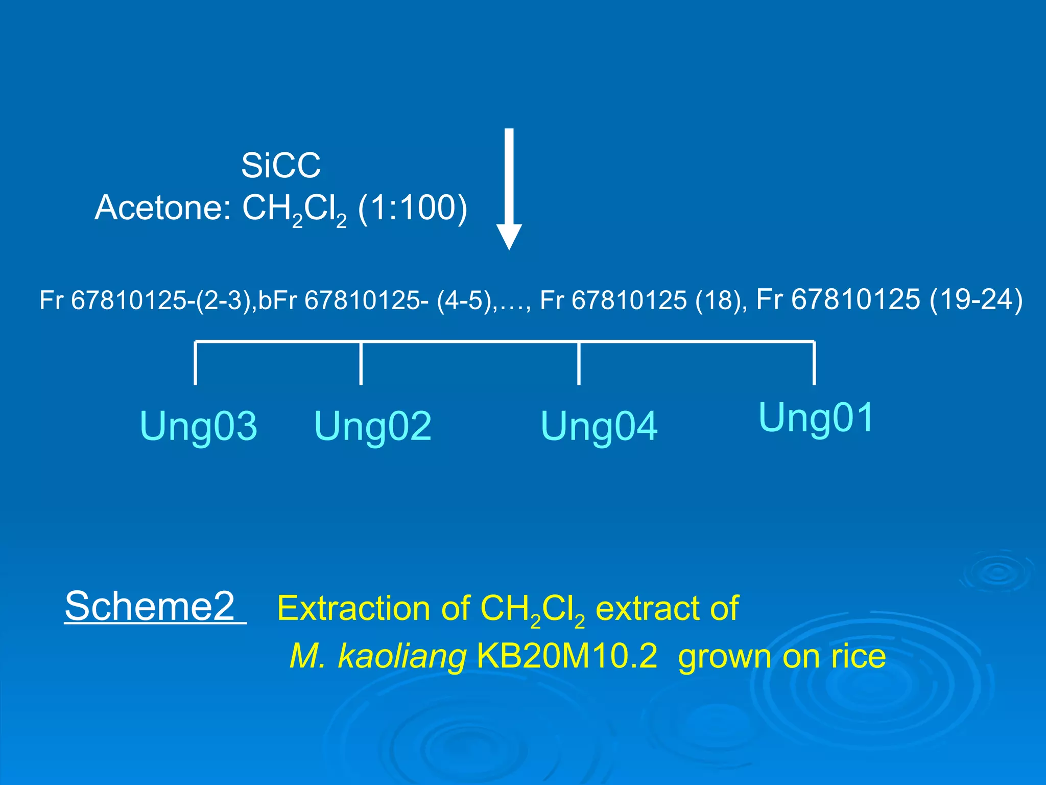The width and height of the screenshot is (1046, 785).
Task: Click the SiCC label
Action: point(281,166)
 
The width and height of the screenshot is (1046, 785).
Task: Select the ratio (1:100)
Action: point(413,208)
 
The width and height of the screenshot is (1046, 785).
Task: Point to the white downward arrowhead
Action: point(509,237)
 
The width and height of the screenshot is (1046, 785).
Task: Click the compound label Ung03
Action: point(198,426)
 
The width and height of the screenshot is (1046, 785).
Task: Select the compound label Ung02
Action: point(373,426)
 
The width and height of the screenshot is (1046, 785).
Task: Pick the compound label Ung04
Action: point(599,426)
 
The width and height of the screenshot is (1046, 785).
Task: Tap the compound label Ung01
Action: point(816,418)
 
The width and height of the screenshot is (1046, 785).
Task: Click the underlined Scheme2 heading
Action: point(150,606)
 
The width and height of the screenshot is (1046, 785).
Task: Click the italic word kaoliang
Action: point(402,656)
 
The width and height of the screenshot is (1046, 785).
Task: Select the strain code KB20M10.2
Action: point(567,656)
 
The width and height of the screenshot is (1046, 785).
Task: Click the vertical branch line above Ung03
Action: point(196,363)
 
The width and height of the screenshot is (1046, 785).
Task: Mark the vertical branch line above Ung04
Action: point(578,363)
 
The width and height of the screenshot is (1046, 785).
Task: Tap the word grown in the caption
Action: point(725,657)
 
